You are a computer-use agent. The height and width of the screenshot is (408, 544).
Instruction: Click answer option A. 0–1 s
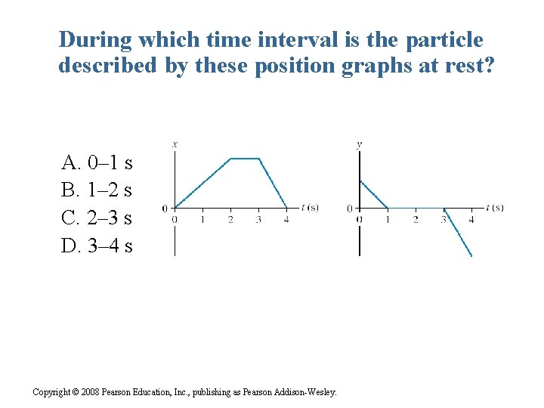pyautogui.click(x=97, y=163)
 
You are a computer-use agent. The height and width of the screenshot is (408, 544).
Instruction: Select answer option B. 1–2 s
pyautogui.click(x=97, y=190)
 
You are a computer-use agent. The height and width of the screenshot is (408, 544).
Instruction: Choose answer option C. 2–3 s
pyautogui.click(x=97, y=218)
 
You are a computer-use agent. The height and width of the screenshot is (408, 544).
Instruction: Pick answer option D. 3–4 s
pyautogui.click(x=97, y=246)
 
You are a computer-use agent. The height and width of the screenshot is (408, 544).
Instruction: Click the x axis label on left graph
pyautogui.click(x=175, y=144)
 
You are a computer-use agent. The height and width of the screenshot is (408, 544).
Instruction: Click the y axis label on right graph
pyautogui.click(x=359, y=144)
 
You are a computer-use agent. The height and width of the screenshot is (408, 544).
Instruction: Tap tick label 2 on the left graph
pyautogui.click(x=230, y=220)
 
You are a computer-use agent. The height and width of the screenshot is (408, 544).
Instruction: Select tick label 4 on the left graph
pyautogui.click(x=286, y=220)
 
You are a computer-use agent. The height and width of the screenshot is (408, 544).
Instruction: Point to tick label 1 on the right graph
pyautogui.click(x=387, y=220)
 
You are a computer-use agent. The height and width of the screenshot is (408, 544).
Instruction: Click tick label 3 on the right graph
pyautogui.click(x=444, y=220)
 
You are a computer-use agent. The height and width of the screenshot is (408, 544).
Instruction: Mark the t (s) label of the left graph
pyautogui.click(x=309, y=207)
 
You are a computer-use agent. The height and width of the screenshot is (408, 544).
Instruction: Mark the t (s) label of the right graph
pyautogui.click(x=495, y=207)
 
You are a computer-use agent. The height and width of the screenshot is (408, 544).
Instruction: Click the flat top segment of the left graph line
pyautogui.click(x=244, y=159)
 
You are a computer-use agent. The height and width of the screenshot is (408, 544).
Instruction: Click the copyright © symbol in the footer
pyautogui.click(x=76, y=392)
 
